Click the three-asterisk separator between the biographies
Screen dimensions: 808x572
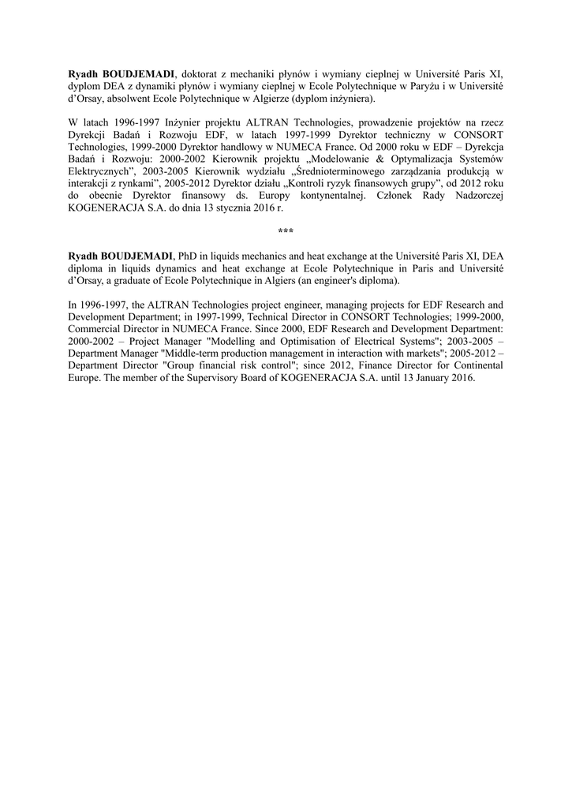[286, 230]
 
